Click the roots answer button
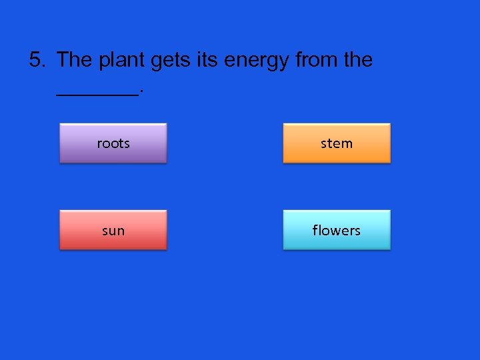pos(113,143)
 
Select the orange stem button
pos(337,143)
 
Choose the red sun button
pos(113,230)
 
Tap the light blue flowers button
pos(337,230)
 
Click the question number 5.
pos(37,60)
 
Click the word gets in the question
pos(173,61)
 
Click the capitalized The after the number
pos(75,60)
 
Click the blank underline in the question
pos(97,95)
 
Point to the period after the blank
pos(141,93)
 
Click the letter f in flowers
pos(315,230)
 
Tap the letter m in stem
pos(347,143)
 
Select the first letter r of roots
pos(99,144)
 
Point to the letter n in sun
pos(121,231)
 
